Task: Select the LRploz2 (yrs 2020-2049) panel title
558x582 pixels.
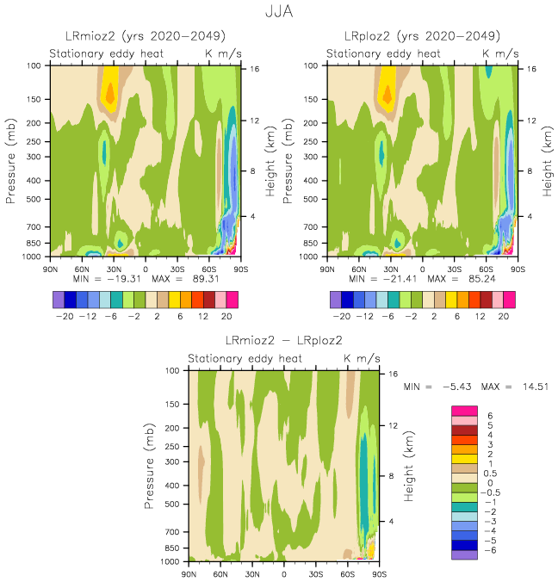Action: click(x=422, y=36)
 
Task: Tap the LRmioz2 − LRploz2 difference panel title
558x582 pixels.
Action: click(x=284, y=341)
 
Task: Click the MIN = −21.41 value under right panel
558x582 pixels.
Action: click(x=380, y=280)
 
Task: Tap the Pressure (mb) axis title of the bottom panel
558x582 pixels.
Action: click(x=152, y=466)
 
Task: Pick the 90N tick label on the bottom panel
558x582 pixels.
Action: click(x=189, y=573)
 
